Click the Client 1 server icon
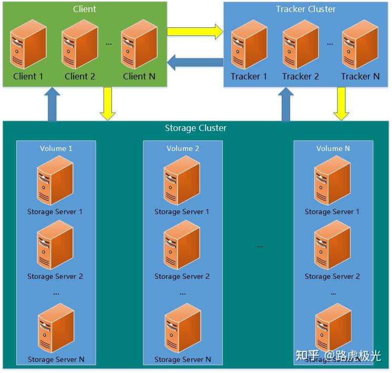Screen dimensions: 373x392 28,44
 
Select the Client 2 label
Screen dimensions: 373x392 80,76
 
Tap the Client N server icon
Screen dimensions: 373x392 139,44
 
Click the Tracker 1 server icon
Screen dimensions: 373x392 249,45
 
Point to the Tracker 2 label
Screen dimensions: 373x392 301,76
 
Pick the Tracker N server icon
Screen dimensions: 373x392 360,45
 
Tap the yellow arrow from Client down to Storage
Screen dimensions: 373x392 108,103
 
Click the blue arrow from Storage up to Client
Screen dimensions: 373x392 52,104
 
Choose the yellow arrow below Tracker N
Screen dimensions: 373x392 342,103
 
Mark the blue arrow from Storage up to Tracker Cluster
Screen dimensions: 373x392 286,104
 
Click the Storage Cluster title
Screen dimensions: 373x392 195,128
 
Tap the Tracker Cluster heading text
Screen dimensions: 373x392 306,9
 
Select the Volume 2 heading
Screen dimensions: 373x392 183,148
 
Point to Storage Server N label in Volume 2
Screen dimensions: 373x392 183,360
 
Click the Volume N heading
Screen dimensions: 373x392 333,148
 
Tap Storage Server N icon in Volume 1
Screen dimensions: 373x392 56,330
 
